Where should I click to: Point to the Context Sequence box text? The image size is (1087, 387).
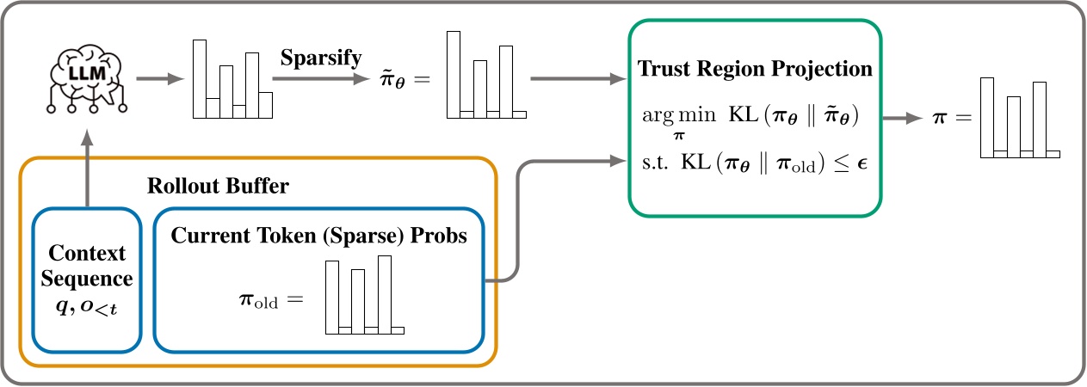click(x=87, y=267)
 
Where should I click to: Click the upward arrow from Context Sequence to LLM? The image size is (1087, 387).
click(x=87, y=167)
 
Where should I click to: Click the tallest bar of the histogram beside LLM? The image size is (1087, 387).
click(x=200, y=77)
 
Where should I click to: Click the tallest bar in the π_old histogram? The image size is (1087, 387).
click(x=385, y=293)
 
